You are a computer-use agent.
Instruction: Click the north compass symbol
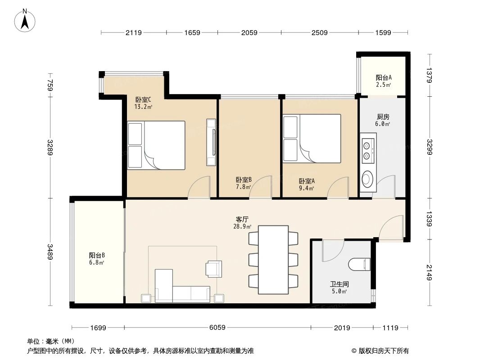[x=25, y=20]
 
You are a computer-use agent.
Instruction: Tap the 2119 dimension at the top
[x=134, y=32]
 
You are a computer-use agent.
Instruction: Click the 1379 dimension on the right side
[x=429, y=75]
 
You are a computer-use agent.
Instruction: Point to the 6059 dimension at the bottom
[x=217, y=328]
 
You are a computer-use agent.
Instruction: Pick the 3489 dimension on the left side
[x=50, y=252]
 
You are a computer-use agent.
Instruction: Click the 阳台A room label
[x=384, y=80]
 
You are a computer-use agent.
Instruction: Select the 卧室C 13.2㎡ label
[x=143, y=103]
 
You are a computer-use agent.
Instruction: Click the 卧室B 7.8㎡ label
[x=244, y=183]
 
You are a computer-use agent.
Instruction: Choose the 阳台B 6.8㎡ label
[x=97, y=259]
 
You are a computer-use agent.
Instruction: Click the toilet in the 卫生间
[x=360, y=264]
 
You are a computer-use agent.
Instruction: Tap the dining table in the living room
[x=273, y=260]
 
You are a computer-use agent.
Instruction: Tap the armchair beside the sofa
[x=213, y=268]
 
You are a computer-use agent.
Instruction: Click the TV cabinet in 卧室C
[x=211, y=142]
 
